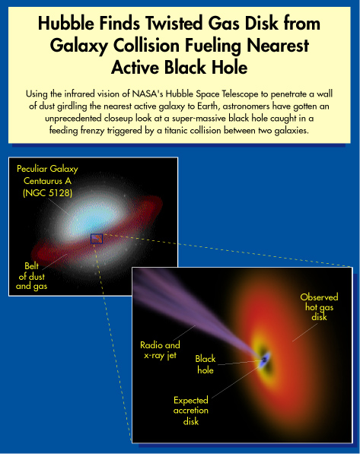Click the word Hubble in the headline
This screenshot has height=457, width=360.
pyautogui.click(x=66, y=24)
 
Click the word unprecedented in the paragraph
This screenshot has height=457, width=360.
pyautogui.click(x=73, y=119)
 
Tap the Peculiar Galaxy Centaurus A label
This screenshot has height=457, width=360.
pyautogui.click(x=47, y=175)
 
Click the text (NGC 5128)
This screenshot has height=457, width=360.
pyautogui.click(x=47, y=193)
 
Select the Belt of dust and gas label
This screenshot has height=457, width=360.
pyautogui.click(x=31, y=276)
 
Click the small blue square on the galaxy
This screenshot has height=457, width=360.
pyautogui.click(x=97, y=239)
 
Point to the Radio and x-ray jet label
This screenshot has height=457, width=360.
pyautogui.click(x=160, y=350)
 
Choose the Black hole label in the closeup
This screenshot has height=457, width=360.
pyautogui.click(x=205, y=364)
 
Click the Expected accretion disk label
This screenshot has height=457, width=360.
pyautogui.click(x=191, y=411)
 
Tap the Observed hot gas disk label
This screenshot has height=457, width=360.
pyautogui.click(x=319, y=307)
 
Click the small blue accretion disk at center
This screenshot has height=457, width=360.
pyautogui.click(x=264, y=360)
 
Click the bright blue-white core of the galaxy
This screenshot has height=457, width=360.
pyautogui.click(x=94, y=218)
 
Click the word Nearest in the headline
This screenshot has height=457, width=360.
pyautogui.click(x=278, y=46)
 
